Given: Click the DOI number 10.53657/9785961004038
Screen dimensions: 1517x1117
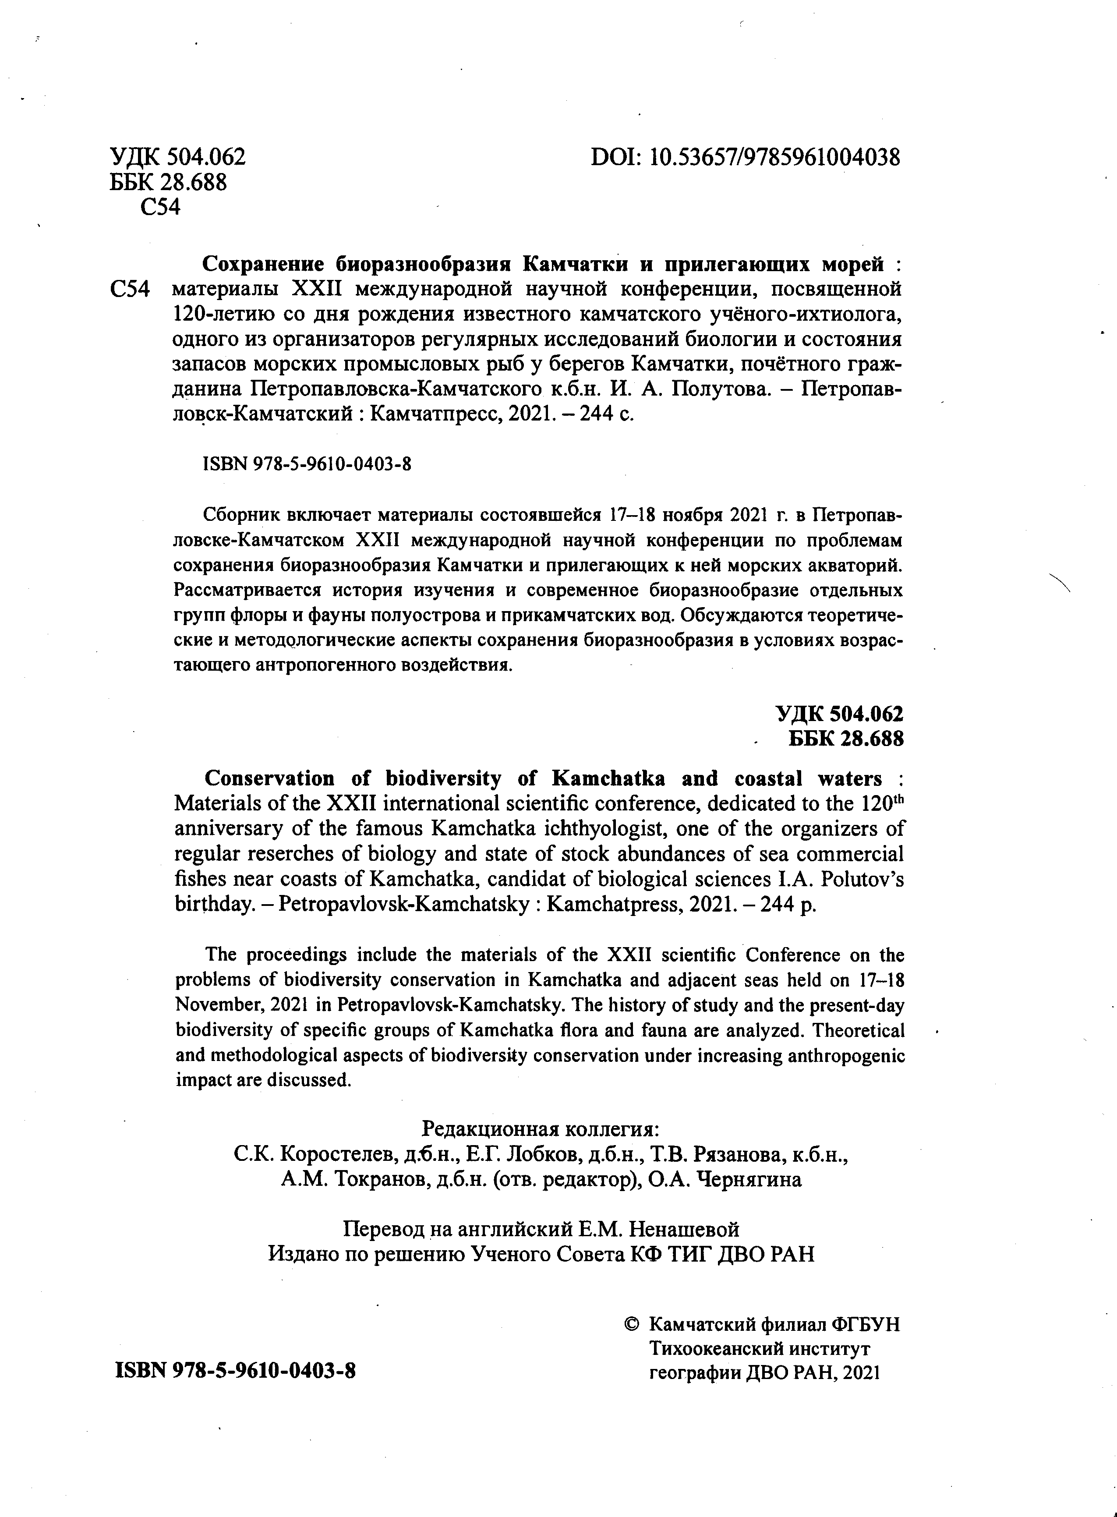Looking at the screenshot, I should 775,158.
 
